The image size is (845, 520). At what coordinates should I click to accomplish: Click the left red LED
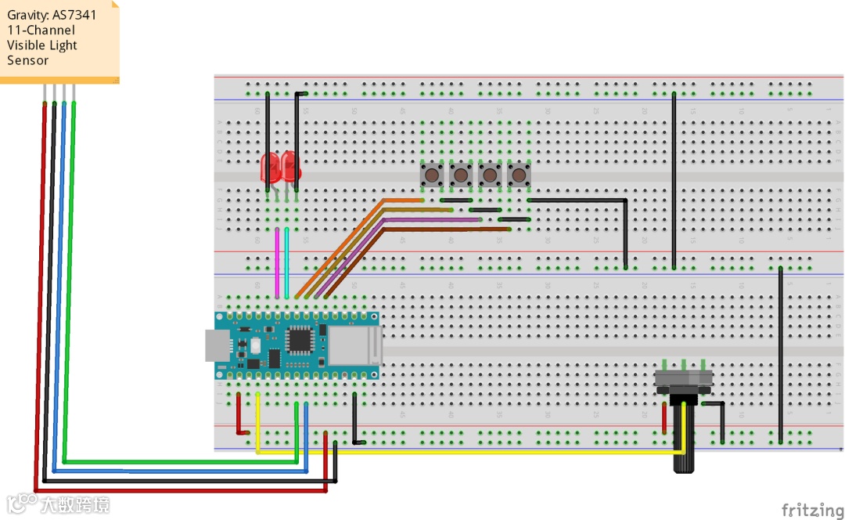pyautogui.click(x=271, y=167)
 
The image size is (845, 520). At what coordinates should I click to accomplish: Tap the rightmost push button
pyautogui.click(x=517, y=175)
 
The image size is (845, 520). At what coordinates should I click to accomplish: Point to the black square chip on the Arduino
pyautogui.click(x=298, y=340)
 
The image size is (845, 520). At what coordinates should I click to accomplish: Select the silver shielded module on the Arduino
pyautogui.click(x=353, y=346)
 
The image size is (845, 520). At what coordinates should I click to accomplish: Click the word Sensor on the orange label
pyautogui.click(x=28, y=60)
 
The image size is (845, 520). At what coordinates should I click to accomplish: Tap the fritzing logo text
pyautogui.click(x=813, y=510)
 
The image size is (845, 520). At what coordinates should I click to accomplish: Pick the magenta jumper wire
pyautogui.click(x=277, y=262)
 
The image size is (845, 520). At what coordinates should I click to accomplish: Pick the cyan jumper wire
pyautogui.click(x=287, y=262)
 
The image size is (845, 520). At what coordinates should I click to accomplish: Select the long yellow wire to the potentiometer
pyautogui.click(x=469, y=452)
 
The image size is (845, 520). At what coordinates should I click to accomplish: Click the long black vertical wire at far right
pyautogui.click(x=781, y=352)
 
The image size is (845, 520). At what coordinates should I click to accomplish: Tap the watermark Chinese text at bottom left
pyautogui.click(x=74, y=504)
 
